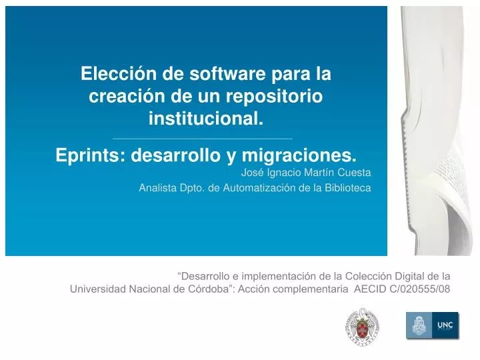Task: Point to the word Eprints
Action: click(x=91, y=155)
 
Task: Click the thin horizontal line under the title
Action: click(x=203, y=139)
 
